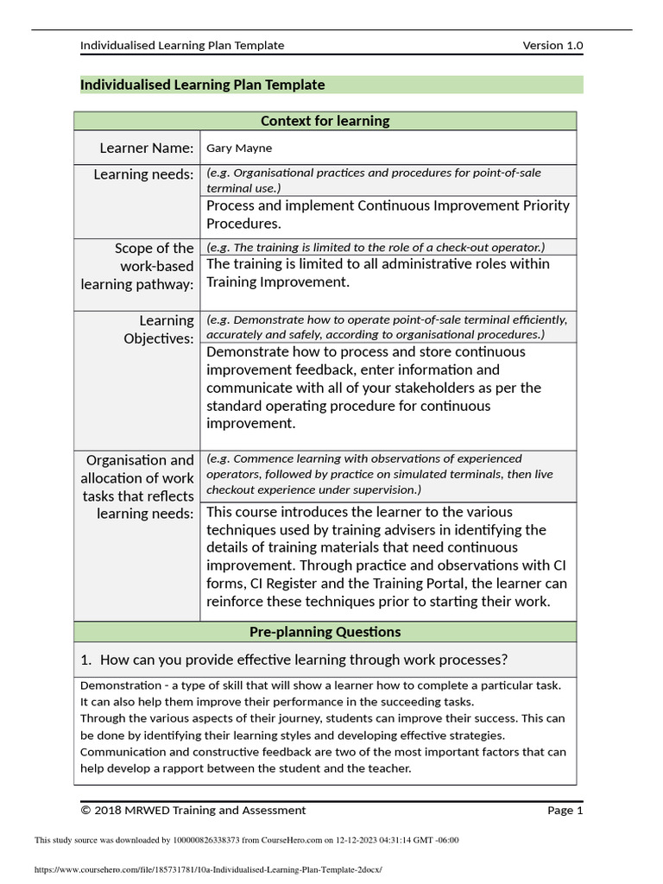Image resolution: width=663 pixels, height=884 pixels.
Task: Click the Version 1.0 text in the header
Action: tap(552, 45)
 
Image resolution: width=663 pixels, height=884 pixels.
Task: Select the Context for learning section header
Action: tap(325, 121)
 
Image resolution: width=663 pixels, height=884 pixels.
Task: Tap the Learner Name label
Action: tap(146, 148)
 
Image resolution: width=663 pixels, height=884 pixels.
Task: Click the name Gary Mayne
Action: tap(238, 148)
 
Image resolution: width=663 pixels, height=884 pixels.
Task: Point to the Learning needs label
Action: tap(143, 174)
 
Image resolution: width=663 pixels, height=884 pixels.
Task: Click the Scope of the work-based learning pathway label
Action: tap(138, 266)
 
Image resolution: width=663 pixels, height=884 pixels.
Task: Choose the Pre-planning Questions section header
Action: tap(325, 632)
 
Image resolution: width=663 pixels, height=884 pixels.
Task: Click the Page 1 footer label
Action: tap(565, 810)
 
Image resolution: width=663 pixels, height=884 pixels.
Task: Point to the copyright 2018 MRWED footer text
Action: tap(193, 810)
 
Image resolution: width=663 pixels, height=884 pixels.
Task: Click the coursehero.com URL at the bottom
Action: tap(207, 870)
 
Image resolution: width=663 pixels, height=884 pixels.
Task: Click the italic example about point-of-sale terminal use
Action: tap(373, 180)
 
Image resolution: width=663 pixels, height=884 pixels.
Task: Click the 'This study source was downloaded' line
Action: tap(246, 840)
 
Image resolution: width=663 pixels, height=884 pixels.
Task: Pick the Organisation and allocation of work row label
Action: tap(138, 487)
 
